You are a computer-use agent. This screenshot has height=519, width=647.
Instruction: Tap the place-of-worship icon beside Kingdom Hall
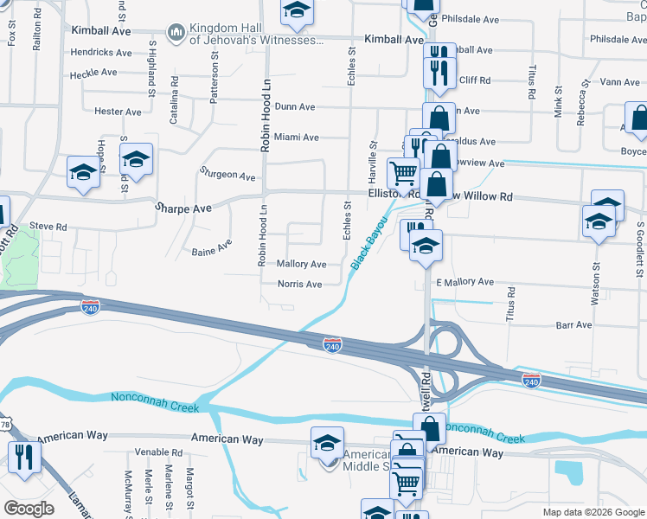pyautogui.click(x=176, y=34)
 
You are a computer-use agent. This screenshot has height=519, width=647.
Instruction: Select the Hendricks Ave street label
pyautogui.click(x=101, y=53)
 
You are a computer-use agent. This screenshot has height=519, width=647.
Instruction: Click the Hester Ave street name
pyautogui.click(x=118, y=112)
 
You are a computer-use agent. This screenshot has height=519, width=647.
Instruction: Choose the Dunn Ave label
pyautogui.click(x=295, y=107)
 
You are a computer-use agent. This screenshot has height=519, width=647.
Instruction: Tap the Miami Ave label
pyautogui.click(x=296, y=138)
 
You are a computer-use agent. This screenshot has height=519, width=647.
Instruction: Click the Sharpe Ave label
pyautogui.click(x=183, y=208)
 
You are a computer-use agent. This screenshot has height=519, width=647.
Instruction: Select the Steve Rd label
pyautogui.click(x=48, y=227)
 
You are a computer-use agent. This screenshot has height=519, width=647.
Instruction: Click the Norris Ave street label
pyautogui.click(x=299, y=284)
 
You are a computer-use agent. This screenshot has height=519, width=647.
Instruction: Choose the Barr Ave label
pyautogui.click(x=574, y=325)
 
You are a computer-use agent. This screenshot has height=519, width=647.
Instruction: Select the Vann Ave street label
pyautogui.click(x=620, y=82)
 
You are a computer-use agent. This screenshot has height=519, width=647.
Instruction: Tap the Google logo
pyautogui.click(x=29, y=509)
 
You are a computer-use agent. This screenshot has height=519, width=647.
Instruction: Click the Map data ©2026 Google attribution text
pyautogui.click(x=592, y=512)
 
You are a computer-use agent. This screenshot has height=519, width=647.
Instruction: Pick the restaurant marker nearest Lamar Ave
pyautogui.click(x=23, y=457)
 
